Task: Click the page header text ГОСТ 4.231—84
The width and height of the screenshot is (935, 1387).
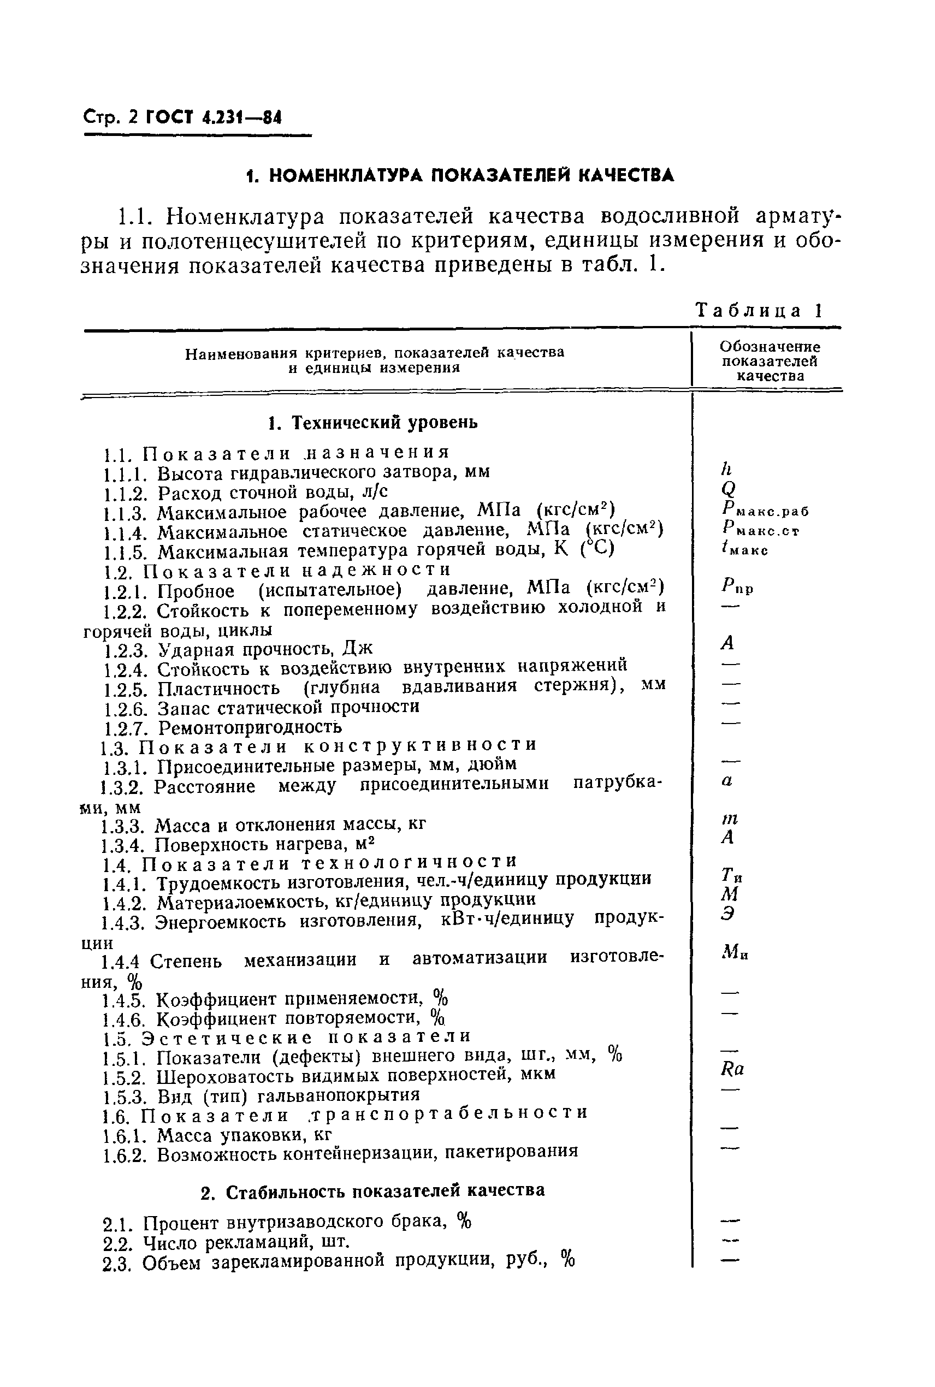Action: coord(212,117)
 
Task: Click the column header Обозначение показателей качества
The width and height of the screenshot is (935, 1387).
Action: coord(769,361)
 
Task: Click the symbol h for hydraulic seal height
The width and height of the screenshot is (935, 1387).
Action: coord(726,469)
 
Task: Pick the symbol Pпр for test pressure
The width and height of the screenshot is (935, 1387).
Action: coord(736,588)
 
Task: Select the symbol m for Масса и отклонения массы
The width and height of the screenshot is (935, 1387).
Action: coord(729,820)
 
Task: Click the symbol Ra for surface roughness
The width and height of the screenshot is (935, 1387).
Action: coord(732,1069)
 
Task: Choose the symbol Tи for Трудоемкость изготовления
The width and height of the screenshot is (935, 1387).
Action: coord(731,875)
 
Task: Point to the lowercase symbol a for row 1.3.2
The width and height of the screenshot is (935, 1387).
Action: coord(726,781)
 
